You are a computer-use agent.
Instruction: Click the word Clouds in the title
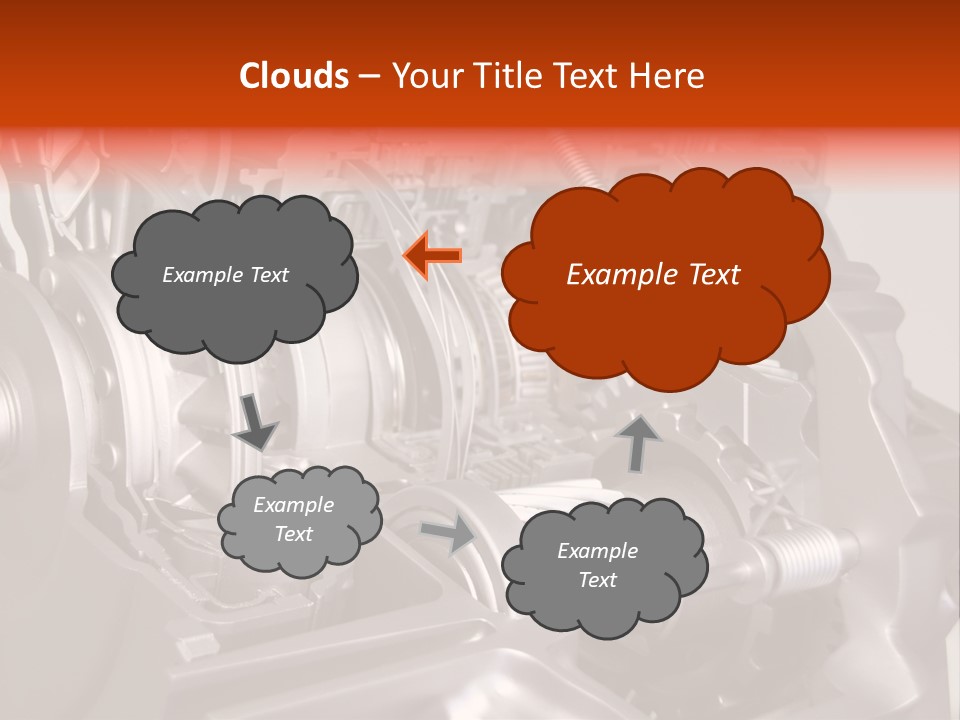294,76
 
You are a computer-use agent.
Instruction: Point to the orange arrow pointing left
432,255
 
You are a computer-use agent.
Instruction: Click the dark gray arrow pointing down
255,421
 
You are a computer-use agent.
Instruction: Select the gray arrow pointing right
448,535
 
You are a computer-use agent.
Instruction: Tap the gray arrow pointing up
638,443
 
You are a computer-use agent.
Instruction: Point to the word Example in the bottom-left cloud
293,505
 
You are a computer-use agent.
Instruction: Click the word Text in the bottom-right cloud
597,580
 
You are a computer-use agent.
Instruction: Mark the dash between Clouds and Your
368,76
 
